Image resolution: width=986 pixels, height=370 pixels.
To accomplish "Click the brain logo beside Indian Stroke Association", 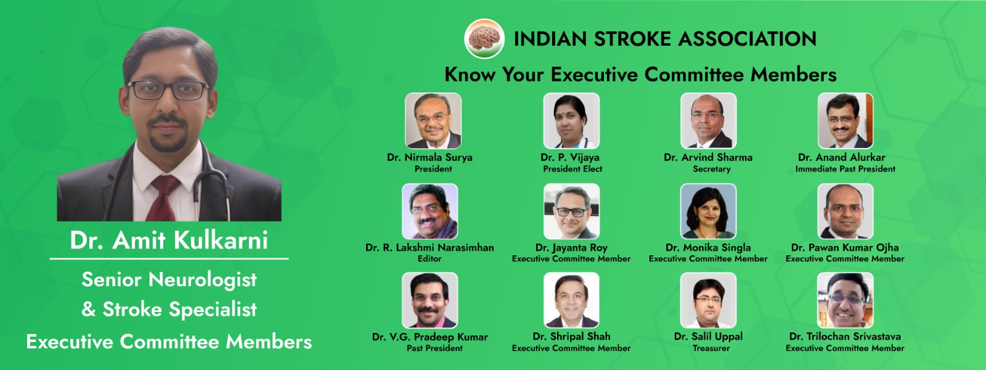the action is pyautogui.click(x=484, y=38).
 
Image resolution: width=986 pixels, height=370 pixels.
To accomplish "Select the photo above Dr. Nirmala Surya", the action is pyautogui.click(x=433, y=121).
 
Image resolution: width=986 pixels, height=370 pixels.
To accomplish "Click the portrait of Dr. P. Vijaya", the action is pyautogui.click(x=571, y=121).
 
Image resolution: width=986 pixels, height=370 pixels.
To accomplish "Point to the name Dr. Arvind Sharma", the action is pyautogui.click(x=708, y=157).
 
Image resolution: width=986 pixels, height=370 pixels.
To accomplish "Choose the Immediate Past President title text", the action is pyautogui.click(x=845, y=169).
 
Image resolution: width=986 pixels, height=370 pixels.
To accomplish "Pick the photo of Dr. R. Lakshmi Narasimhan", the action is pyautogui.click(x=430, y=212).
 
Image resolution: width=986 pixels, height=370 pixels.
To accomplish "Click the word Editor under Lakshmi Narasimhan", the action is pyautogui.click(x=430, y=258).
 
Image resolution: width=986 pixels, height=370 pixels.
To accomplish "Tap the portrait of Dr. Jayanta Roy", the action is pyautogui.click(x=571, y=212).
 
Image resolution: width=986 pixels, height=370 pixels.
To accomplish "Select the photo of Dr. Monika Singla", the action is pyautogui.click(x=708, y=212).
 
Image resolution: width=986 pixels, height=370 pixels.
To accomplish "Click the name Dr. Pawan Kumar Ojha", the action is pyautogui.click(x=845, y=247).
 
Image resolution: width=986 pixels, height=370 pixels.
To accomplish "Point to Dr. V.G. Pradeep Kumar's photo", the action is pyautogui.click(x=430, y=300).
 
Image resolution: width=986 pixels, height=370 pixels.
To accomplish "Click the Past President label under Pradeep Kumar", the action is pyautogui.click(x=434, y=348).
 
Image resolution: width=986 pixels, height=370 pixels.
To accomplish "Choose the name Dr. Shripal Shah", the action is pyautogui.click(x=571, y=337).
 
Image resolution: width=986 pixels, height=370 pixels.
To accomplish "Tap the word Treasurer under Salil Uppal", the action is pyautogui.click(x=711, y=348).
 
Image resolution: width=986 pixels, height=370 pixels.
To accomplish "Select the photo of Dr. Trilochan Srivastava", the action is pyautogui.click(x=845, y=300).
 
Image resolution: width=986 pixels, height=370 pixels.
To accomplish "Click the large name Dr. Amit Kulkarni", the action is pyautogui.click(x=169, y=240).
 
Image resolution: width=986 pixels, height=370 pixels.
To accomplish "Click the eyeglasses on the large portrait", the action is pyautogui.click(x=168, y=90).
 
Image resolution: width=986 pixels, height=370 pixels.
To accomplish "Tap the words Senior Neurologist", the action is pyautogui.click(x=169, y=280).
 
